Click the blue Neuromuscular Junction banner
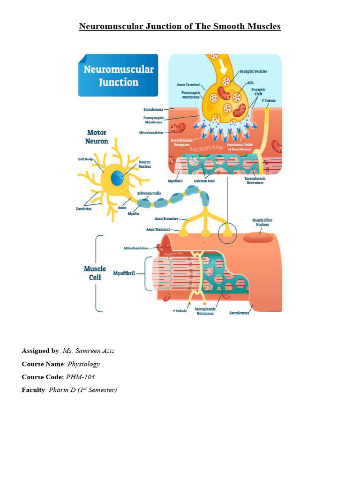point(118,75)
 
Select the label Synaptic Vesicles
point(254,71)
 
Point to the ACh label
point(250,82)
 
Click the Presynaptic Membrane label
point(191,94)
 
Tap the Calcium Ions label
point(204,181)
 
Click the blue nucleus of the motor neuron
point(118,178)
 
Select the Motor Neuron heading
point(97,136)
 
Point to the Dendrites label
point(85,209)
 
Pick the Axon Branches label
point(166,219)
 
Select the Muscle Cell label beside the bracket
point(95,272)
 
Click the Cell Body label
point(87,159)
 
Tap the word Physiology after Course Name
point(83,363)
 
